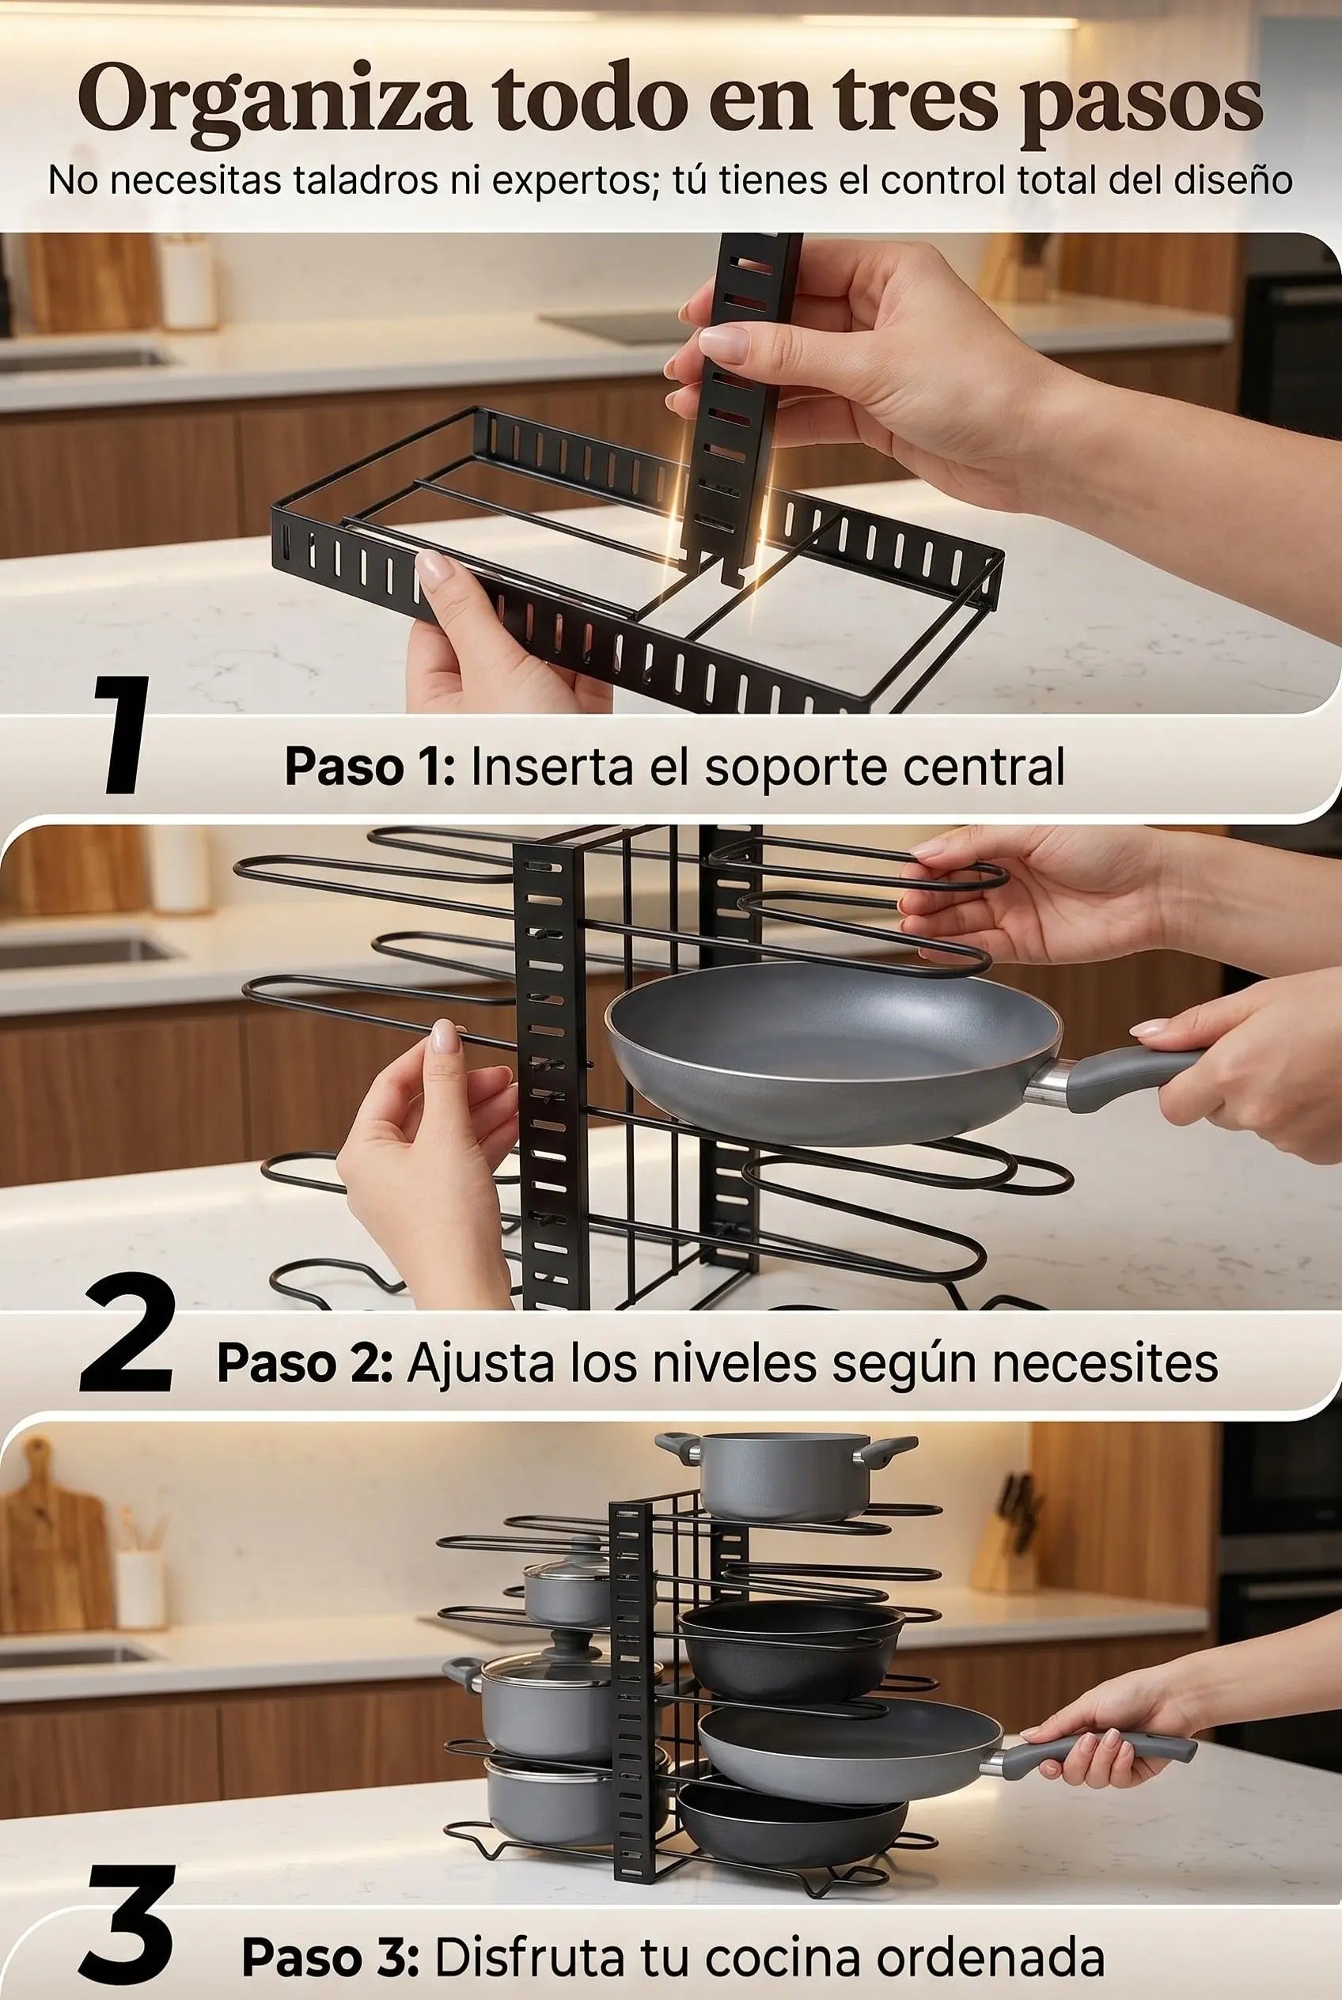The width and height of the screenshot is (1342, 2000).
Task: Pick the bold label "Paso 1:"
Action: (x=369, y=767)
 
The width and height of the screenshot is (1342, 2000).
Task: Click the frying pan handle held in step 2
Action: (x=1130, y=1076)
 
